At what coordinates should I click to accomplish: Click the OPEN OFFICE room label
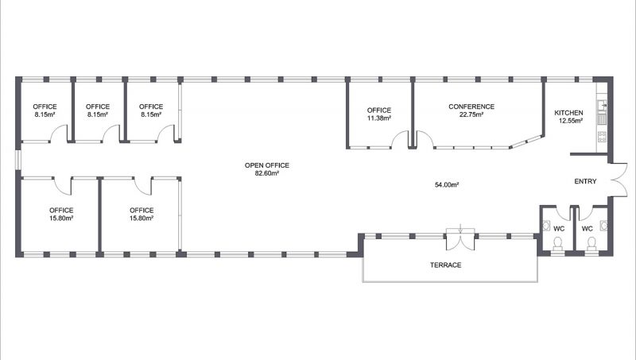pyautogui.click(x=267, y=165)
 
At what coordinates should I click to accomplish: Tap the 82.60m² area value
pyautogui.click(x=267, y=173)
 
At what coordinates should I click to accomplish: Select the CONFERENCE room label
pyautogui.click(x=471, y=106)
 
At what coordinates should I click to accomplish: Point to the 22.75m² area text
pyautogui.click(x=471, y=114)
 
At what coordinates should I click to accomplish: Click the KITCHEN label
pyautogui.click(x=568, y=113)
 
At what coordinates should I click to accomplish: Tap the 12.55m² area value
pyautogui.click(x=568, y=121)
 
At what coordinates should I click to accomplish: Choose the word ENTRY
pyautogui.click(x=585, y=182)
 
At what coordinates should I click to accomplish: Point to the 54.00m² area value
pyautogui.click(x=447, y=185)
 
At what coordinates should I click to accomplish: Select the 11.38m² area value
pyautogui.click(x=379, y=118)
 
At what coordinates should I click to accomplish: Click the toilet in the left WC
pyautogui.click(x=558, y=243)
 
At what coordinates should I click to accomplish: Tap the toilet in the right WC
pyautogui.click(x=592, y=243)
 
